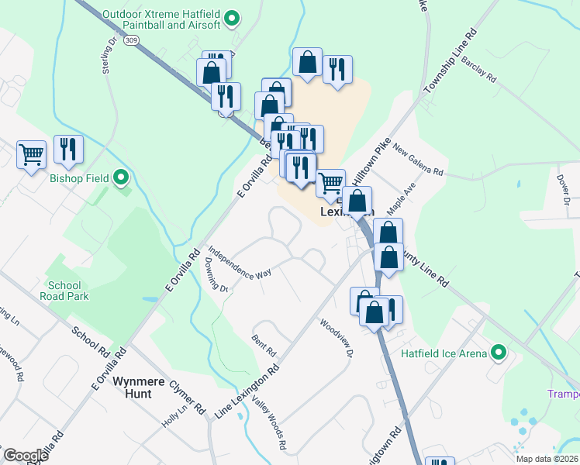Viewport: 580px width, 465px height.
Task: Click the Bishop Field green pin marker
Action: pyautogui.click(x=120, y=179)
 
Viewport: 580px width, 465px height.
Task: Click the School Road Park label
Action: pyautogui.click(x=67, y=291)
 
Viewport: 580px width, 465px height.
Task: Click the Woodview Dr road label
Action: pyautogui.click(x=337, y=338)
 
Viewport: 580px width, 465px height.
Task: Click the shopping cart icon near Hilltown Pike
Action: pyautogui.click(x=331, y=182)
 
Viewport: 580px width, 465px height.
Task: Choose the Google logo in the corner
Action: pyautogui.click(x=26, y=455)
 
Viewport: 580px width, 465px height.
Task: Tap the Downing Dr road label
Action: pyautogui.click(x=216, y=276)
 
